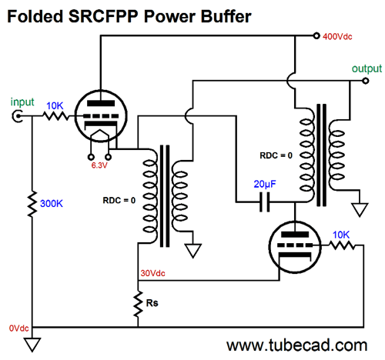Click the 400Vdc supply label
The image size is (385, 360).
point(337,37)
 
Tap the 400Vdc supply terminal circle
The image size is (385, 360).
point(316,35)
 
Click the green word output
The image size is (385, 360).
point(367,68)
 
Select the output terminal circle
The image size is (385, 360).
point(366,81)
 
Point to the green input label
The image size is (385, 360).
point(22,102)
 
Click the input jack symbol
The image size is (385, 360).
point(18,116)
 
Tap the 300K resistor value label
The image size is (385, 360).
point(52,204)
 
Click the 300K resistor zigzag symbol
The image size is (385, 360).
point(32,204)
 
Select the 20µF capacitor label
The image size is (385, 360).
point(265,184)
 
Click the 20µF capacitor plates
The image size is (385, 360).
point(265,202)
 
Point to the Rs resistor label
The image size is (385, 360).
point(152,303)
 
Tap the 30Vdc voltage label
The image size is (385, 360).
point(152,273)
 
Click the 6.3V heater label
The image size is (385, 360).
point(99,165)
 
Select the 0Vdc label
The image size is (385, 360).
point(18,328)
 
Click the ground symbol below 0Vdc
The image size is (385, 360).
point(32,345)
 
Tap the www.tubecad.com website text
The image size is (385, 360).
point(296,345)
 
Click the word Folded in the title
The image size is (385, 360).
point(35,17)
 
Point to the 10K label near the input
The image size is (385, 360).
point(55,105)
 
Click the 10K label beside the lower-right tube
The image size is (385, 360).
point(341,235)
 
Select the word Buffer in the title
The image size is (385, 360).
point(226,17)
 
